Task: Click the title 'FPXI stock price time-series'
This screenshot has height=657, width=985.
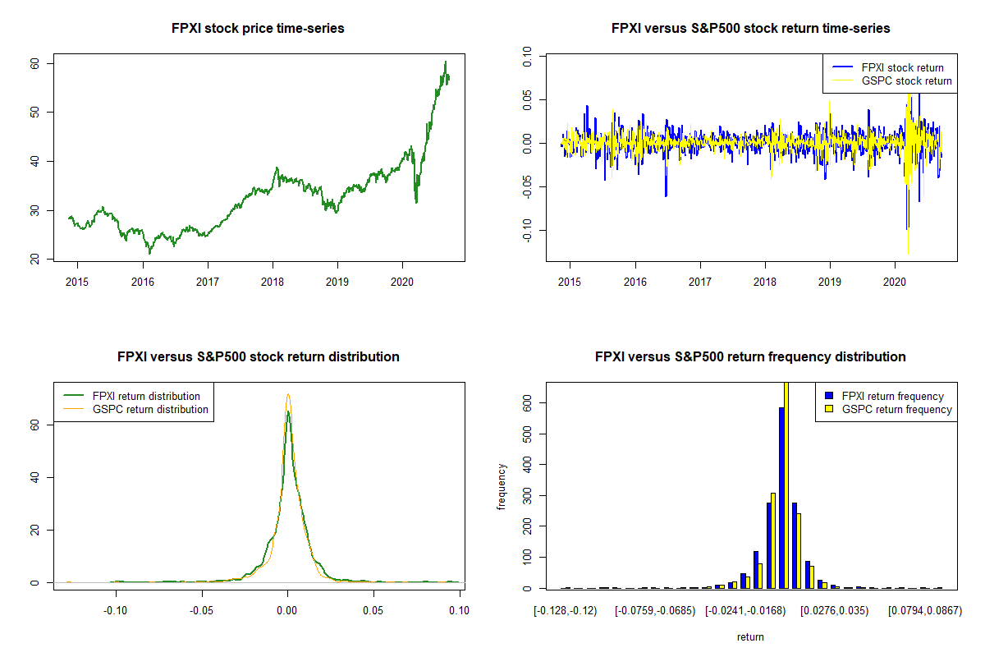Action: coord(258,28)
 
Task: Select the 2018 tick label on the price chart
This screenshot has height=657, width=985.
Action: coord(273,282)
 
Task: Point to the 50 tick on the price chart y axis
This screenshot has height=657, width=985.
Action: coord(34,113)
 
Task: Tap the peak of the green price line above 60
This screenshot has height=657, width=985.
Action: coord(446,62)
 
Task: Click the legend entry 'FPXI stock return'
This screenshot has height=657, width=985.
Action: coord(902,68)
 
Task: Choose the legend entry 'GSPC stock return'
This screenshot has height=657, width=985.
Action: coord(906,81)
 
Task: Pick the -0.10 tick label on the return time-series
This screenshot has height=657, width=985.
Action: coord(527,230)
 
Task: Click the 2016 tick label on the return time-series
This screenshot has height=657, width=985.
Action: coord(635,282)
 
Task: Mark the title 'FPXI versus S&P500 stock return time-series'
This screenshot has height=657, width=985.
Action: coord(750,28)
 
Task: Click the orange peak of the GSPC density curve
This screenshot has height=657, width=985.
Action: coord(288,394)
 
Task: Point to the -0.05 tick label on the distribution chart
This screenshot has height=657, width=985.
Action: coord(201,610)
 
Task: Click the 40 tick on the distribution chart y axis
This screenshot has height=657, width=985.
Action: coord(34,477)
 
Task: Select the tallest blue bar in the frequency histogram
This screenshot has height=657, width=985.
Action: coord(781,498)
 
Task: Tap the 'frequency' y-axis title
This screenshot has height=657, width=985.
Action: coord(502,487)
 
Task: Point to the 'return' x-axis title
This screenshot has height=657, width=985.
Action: coord(750,636)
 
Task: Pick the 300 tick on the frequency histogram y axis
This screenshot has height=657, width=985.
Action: coord(527,496)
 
